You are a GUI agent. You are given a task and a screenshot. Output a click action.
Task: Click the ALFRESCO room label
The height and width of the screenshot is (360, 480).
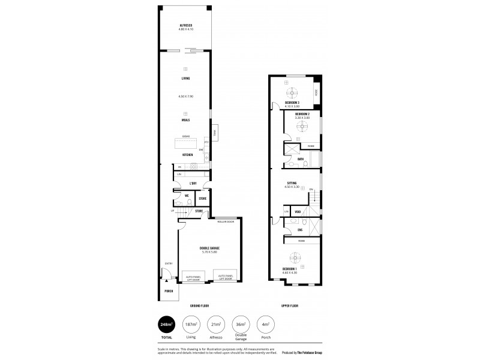[x=185, y=25]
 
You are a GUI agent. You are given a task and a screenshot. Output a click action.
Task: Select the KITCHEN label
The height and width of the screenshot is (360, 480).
[x=187, y=155]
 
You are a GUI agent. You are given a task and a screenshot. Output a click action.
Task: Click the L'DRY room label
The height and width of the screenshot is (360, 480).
[x=193, y=182]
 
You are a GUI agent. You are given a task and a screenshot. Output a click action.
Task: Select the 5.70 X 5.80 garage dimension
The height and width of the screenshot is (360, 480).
[x=209, y=251]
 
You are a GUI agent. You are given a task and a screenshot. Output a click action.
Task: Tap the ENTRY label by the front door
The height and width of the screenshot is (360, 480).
[x=169, y=263]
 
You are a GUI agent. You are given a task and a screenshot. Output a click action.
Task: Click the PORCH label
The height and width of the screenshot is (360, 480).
[x=169, y=291]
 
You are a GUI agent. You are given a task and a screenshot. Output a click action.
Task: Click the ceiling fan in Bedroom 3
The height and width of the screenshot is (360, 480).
[x=292, y=92]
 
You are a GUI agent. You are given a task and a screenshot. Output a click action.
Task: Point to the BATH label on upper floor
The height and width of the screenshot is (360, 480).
[x=300, y=159]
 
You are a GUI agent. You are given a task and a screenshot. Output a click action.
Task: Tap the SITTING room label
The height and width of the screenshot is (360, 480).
[x=292, y=184]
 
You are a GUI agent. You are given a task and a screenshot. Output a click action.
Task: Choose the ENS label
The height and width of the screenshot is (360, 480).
[x=299, y=229]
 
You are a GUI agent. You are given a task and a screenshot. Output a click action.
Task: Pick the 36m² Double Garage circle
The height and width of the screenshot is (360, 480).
[x=241, y=325]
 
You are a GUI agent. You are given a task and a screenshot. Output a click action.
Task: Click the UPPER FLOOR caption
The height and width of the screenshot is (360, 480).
[x=290, y=305]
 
